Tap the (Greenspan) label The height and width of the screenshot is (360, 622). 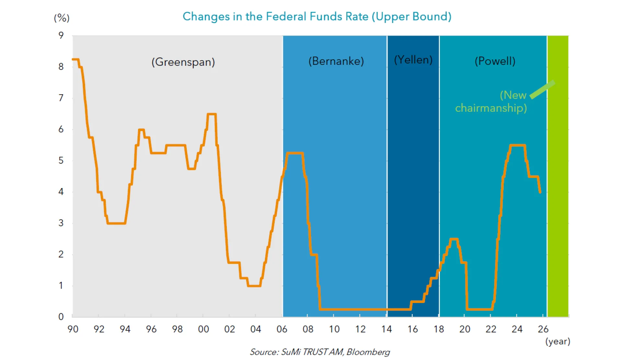click(183, 62)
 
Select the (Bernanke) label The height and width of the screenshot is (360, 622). click(336, 61)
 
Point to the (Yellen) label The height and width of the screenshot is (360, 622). click(413, 60)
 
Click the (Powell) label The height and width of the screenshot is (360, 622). click(495, 61)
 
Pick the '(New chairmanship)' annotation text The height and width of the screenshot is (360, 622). click(491, 101)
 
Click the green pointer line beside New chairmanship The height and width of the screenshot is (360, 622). click(543, 89)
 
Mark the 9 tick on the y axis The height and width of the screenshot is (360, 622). click(61, 35)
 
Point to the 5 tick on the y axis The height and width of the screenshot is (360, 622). click(61, 161)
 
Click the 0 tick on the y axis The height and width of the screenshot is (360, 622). click(61, 317)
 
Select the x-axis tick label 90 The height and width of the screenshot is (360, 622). click(73, 329)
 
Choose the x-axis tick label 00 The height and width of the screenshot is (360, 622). click(203, 329)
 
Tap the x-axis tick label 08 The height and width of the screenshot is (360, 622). click(308, 329)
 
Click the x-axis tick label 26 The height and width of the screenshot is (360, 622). click(543, 329)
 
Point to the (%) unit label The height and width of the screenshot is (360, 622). click(62, 18)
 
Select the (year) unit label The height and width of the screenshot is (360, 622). click(558, 341)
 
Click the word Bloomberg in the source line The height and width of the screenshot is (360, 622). click(368, 352)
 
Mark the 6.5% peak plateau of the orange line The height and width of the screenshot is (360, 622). click(212, 114)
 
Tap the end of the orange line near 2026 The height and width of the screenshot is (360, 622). click(540, 192)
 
